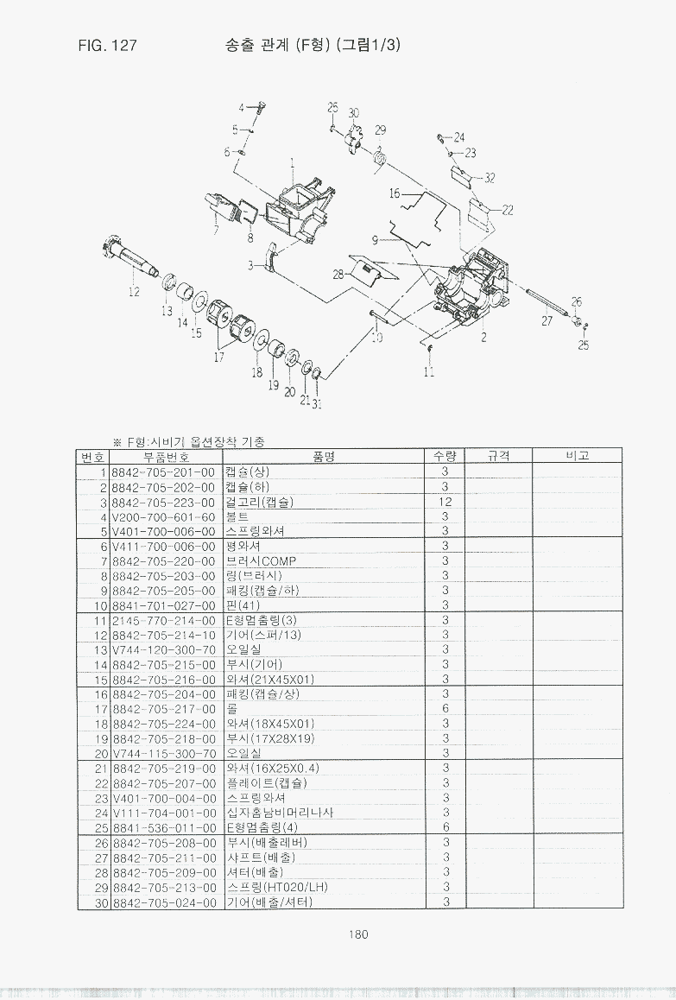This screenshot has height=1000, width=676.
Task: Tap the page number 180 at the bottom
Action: click(x=359, y=934)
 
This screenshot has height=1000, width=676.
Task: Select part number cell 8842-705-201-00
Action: click(x=163, y=472)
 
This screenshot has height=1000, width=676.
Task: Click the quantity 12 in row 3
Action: click(x=445, y=502)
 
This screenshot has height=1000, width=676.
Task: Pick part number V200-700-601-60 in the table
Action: click(x=163, y=516)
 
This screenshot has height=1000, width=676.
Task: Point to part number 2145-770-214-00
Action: click(x=163, y=620)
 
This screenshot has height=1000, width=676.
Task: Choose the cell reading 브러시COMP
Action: click(x=261, y=561)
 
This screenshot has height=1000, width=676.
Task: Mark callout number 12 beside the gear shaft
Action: click(x=134, y=292)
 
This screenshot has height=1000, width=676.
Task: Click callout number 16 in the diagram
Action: click(x=395, y=193)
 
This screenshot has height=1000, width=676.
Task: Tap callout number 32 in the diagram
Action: click(x=490, y=178)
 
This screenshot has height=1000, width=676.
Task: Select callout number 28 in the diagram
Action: click(x=339, y=274)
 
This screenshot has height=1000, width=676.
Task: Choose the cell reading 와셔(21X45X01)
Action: click(x=269, y=680)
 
